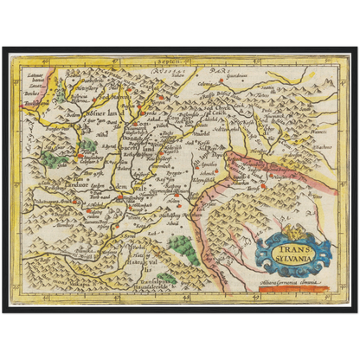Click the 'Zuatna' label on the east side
(311, 148)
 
